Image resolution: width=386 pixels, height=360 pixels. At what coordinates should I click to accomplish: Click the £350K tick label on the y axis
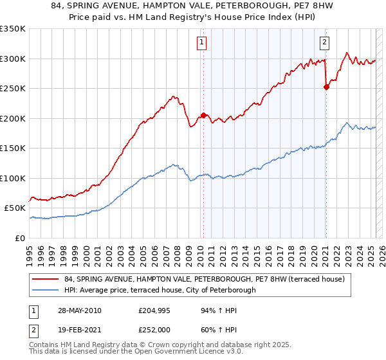coord(13,29)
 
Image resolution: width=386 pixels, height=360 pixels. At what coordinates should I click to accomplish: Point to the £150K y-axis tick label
coord(13,148)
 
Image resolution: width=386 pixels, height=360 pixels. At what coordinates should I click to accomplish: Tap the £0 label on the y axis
coord(21,238)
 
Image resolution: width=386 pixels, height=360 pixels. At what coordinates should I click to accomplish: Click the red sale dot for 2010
coord(204,115)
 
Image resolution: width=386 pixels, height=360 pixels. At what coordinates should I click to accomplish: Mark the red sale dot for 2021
coord(326,87)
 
